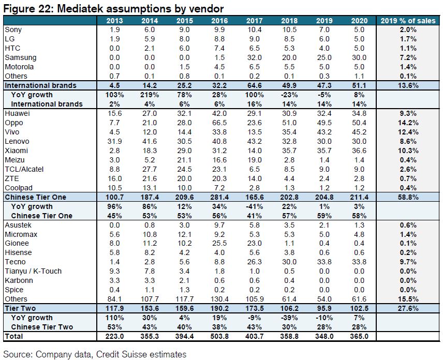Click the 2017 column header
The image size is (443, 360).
pyautogui.click(x=254, y=21)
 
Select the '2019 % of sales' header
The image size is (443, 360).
pyautogui.click(x=408, y=21)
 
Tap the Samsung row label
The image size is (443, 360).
pyautogui.click(x=21, y=57)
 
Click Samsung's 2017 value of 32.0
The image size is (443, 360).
pyautogui.click(x=254, y=57)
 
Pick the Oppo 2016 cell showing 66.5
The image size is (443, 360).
pyautogui.click(x=219, y=123)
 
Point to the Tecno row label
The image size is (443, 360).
pyautogui.click(x=15, y=262)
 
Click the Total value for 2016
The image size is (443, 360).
pyautogui.click(x=219, y=336)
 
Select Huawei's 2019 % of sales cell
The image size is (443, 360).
pyautogui.click(x=408, y=113)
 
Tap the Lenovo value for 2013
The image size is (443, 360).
pyautogui.click(x=114, y=141)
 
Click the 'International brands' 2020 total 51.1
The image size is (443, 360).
pyautogui.click(x=359, y=85)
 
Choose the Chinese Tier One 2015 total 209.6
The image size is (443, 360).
pyautogui.click(x=184, y=197)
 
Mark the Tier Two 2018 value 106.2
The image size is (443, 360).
pyautogui.click(x=289, y=308)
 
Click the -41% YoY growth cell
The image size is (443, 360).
pyautogui.click(x=254, y=206)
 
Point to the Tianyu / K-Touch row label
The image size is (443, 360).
pyautogui.click(x=33, y=271)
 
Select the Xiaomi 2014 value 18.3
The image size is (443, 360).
pyautogui.click(x=150, y=151)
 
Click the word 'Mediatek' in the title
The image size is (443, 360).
pyautogui.click(x=80, y=9)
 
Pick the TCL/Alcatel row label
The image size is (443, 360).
pyautogui.click(x=24, y=170)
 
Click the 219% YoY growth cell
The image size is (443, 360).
pyautogui.click(x=150, y=95)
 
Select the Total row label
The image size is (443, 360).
pyautogui.click(x=14, y=336)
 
